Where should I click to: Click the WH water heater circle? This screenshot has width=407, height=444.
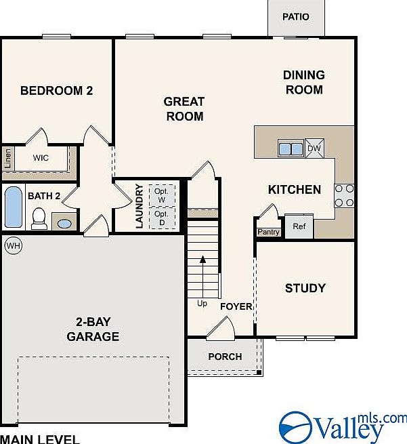(14, 245)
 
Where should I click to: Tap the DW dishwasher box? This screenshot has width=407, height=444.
(314, 148)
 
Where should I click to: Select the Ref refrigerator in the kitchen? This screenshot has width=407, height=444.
(299, 226)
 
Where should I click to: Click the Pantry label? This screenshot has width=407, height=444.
(268, 233)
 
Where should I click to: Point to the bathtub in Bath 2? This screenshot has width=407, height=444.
(14, 207)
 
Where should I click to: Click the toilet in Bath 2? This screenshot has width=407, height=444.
(39, 218)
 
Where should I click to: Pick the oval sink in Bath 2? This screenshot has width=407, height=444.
(64, 224)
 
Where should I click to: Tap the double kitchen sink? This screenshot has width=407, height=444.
(291, 148)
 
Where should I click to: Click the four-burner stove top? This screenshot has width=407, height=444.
(344, 196)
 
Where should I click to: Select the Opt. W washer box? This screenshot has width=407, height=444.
(162, 196)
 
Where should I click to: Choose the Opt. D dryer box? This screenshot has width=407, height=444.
(162, 218)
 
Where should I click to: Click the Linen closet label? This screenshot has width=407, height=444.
(8, 159)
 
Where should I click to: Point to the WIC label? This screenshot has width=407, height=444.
(41, 158)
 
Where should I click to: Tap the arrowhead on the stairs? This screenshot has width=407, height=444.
(202, 260)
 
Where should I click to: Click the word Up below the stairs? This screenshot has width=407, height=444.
(202, 304)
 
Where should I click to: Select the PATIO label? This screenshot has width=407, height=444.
(296, 17)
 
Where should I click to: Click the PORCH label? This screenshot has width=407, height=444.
(225, 357)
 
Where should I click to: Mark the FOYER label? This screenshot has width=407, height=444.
(236, 306)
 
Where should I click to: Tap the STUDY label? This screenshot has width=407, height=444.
(305, 288)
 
